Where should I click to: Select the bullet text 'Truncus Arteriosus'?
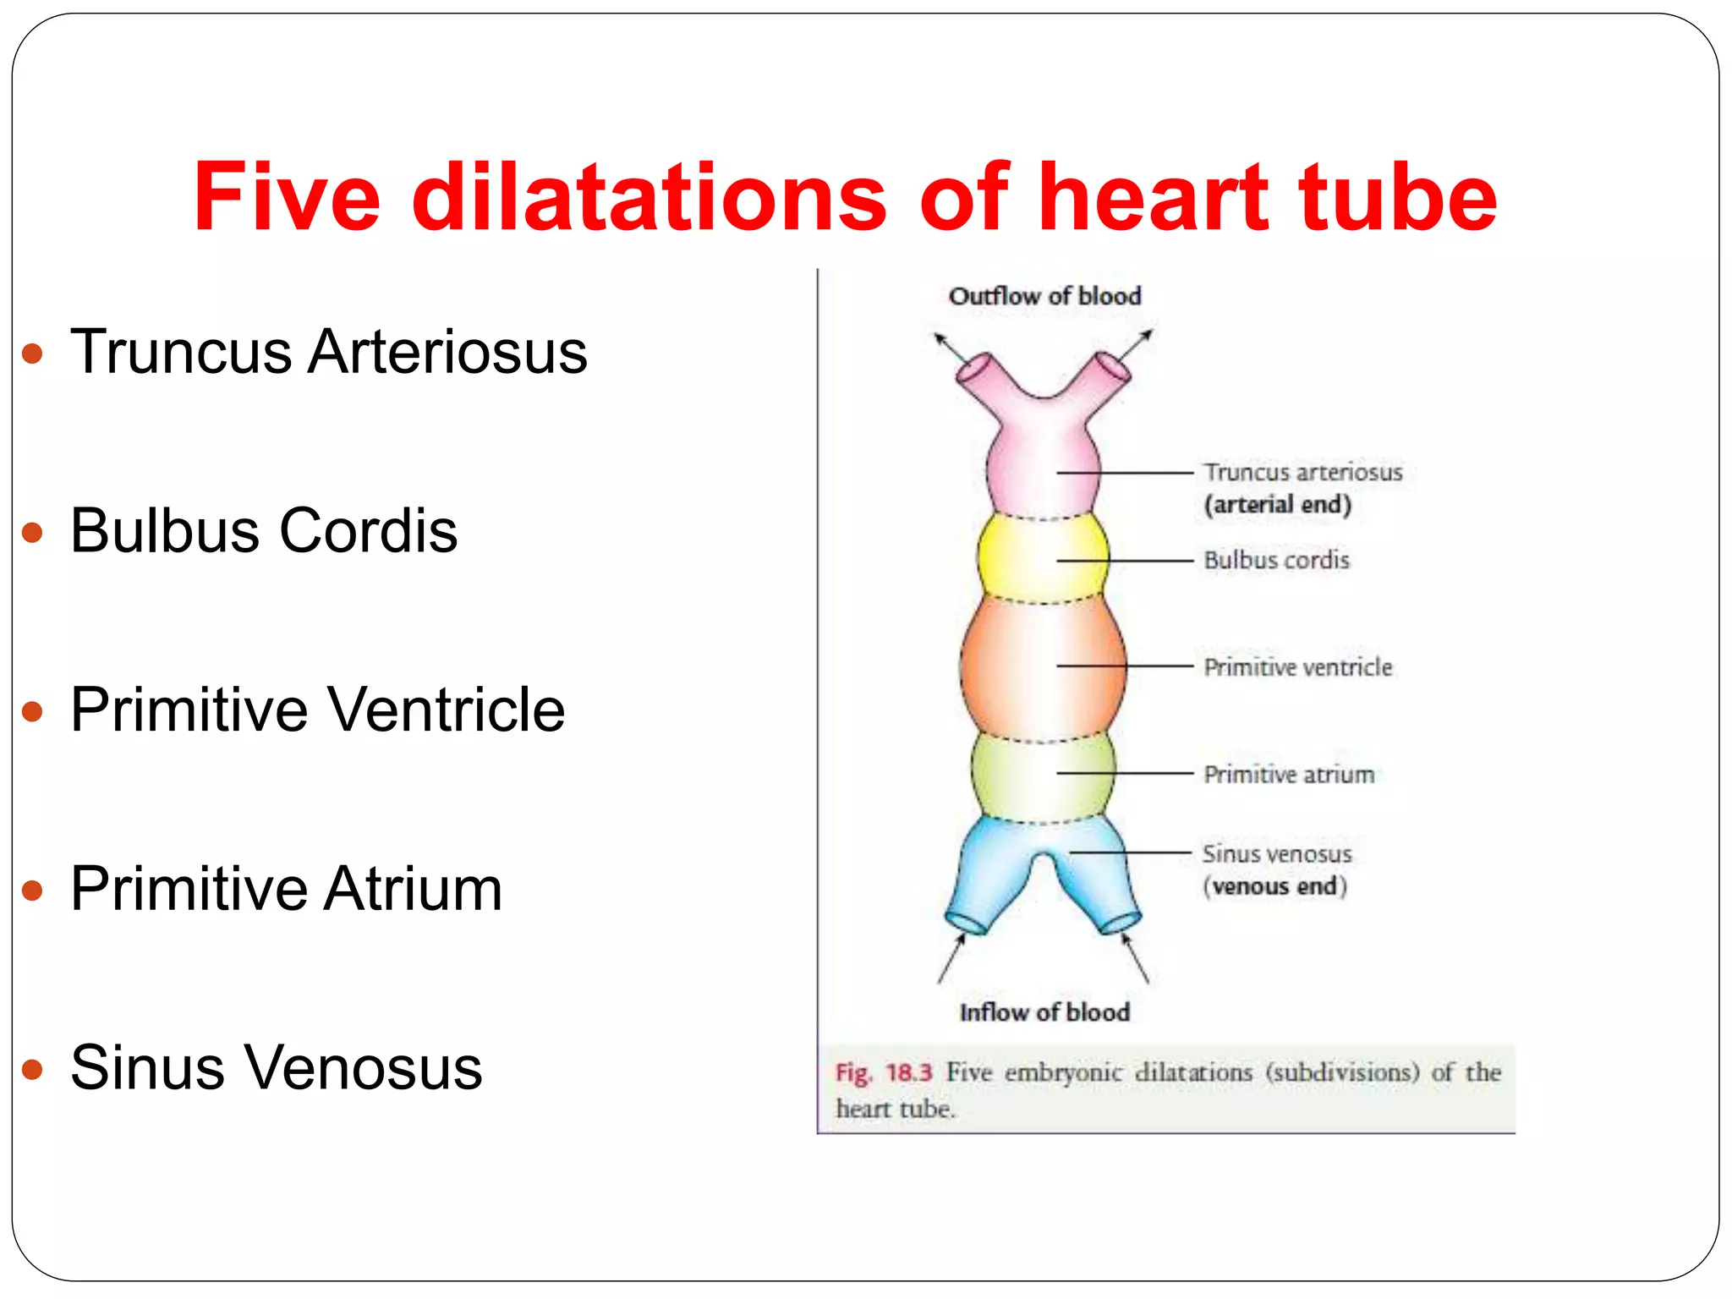pyautogui.click(x=328, y=352)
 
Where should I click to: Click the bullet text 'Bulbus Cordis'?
pyautogui.click(x=263, y=531)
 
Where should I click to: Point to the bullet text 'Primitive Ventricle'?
pyautogui.click(x=317, y=710)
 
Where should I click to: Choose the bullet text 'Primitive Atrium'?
pyautogui.click(x=286, y=889)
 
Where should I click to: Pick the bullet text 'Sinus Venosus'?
pyautogui.click(x=276, y=1068)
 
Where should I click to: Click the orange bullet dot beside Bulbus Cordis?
pyautogui.click(x=32, y=533)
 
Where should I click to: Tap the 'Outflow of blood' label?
pyautogui.click(x=1044, y=296)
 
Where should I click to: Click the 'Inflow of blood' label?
pyautogui.click(x=1044, y=1012)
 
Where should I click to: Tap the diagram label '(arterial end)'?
pyautogui.click(x=1277, y=505)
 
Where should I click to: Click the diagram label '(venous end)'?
pyautogui.click(x=1274, y=886)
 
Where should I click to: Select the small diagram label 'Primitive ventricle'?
pyautogui.click(x=1297, y=667)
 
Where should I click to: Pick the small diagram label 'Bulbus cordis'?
pyautogui.click(x=1276, y=560)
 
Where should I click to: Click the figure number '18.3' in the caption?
pyautogui.click(x=908, y=1072)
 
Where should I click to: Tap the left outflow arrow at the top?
pyautogui.click(x=951, y=348)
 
